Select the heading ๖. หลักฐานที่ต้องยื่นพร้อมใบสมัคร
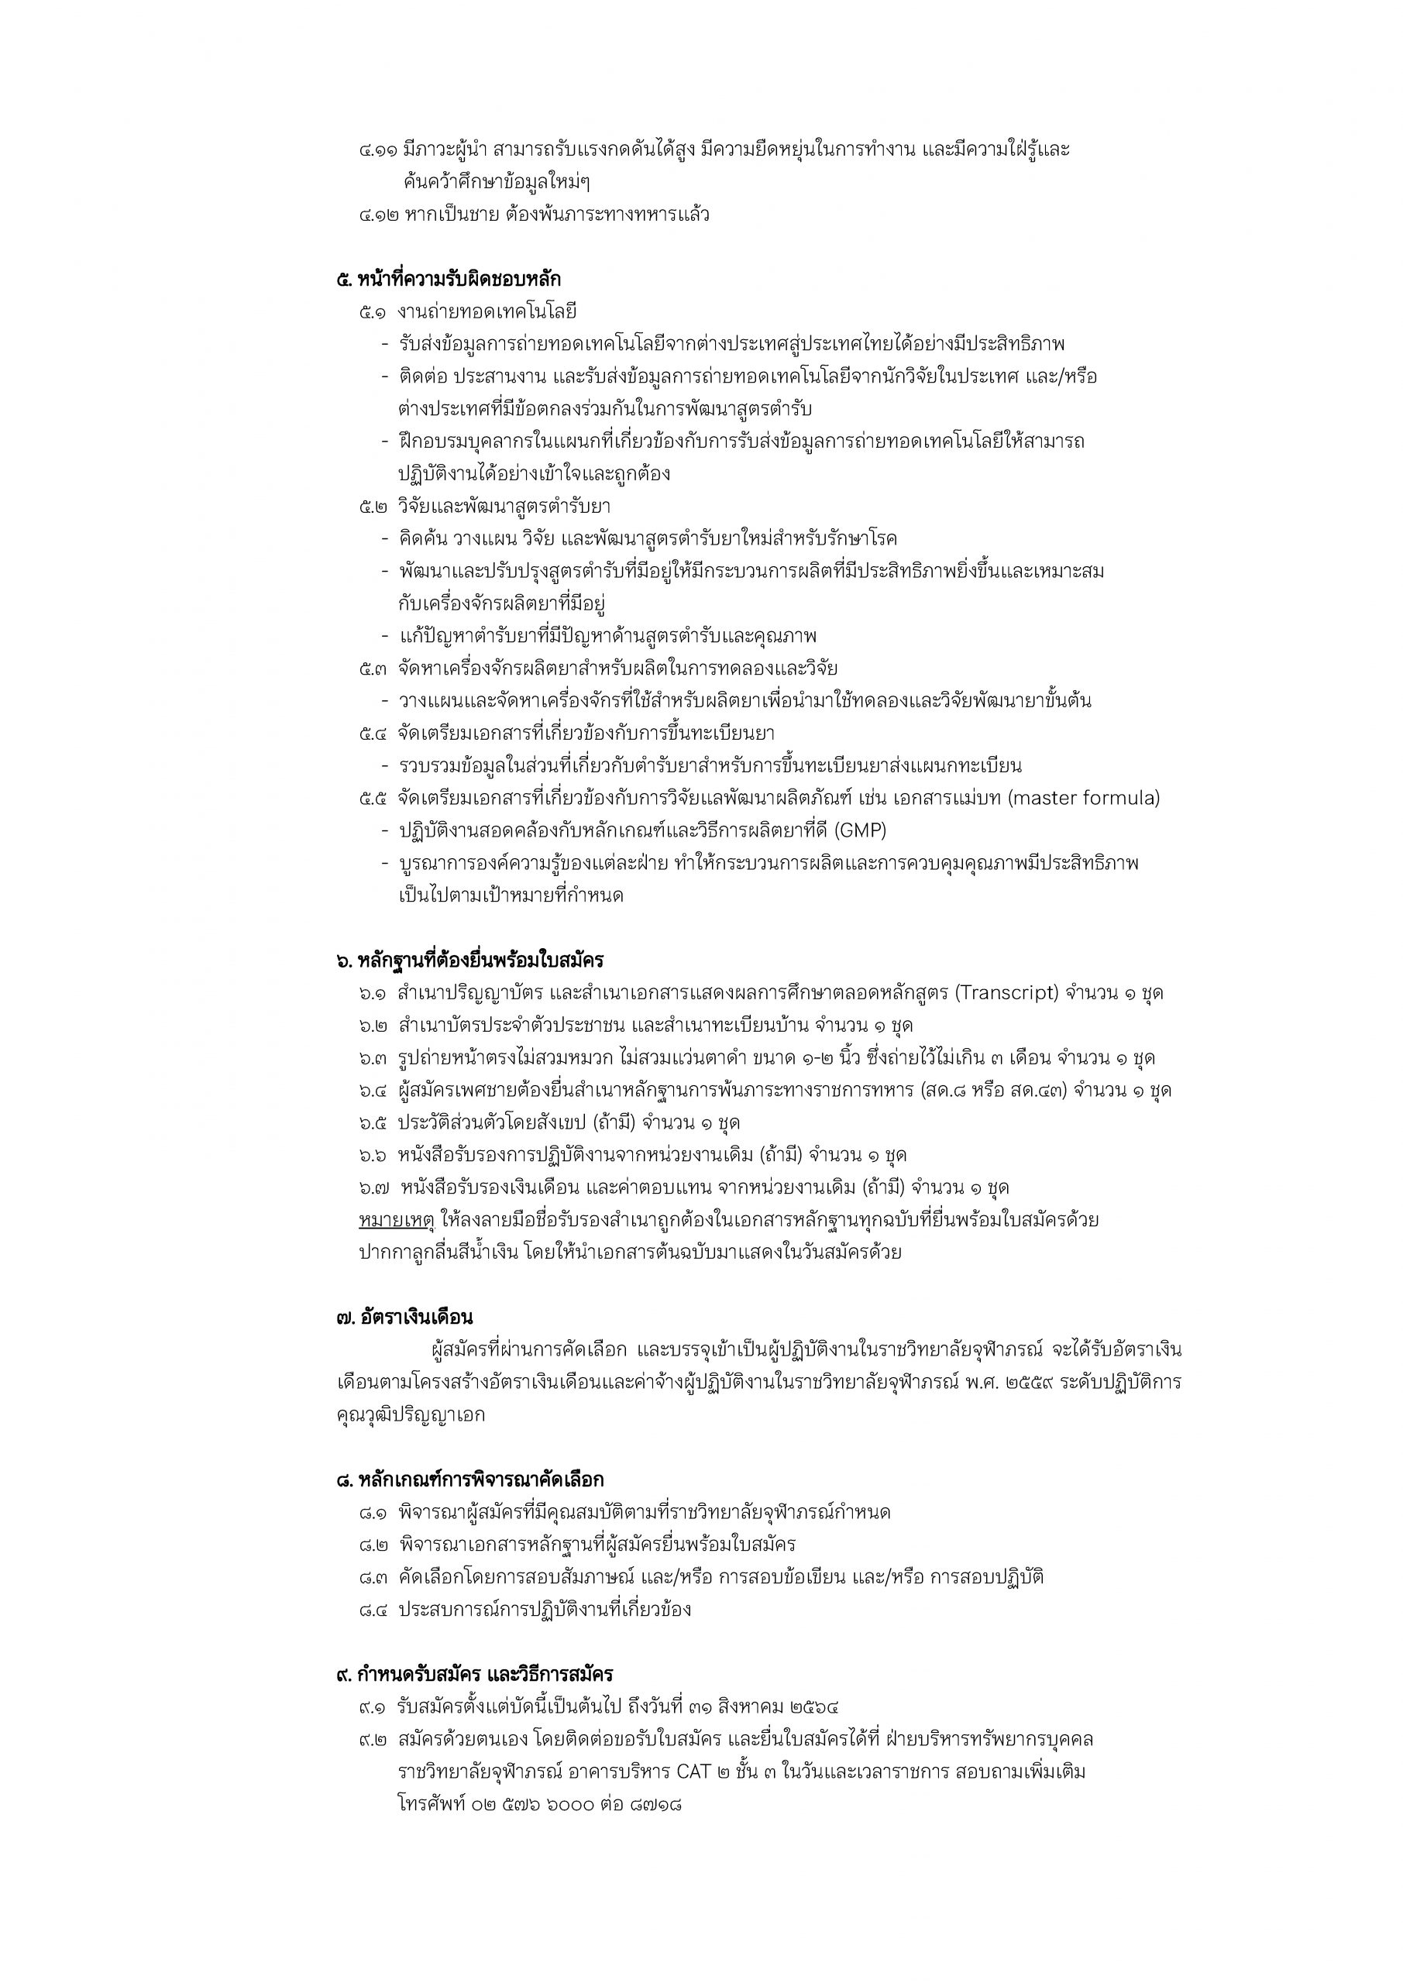click(470, 960)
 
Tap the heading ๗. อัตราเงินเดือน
click(404, 1317)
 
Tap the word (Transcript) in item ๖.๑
click(1006, 992)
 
